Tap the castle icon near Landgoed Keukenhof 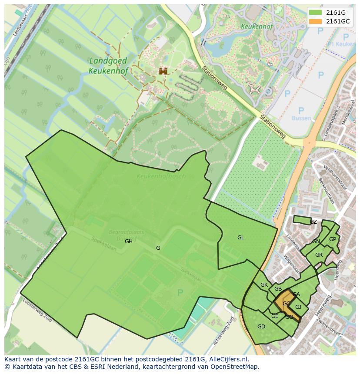163,71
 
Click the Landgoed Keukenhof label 108,66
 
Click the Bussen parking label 301,118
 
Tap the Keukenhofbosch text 161,176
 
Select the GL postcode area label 240,238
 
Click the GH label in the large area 129,242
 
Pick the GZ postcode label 313,222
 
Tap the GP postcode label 333,239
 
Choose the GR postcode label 319,255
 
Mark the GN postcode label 316,242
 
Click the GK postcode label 264,285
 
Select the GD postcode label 261,327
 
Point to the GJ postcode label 298,307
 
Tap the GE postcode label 275,316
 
